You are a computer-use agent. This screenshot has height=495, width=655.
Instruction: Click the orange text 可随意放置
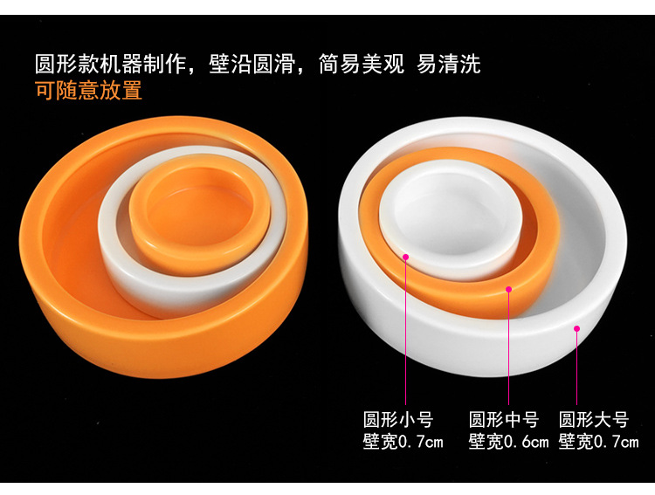click(x=88, y=91)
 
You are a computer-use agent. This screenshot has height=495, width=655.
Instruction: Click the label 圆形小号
click(x=398, y=419)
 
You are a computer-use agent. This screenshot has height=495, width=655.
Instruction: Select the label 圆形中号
click(x=504, y=419)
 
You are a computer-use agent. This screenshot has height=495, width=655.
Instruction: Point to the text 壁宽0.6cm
click(x=508, y=442)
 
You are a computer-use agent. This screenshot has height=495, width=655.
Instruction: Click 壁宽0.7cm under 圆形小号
click(x=403, y=442)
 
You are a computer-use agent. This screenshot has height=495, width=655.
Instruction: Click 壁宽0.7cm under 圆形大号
click(x=598, y=442)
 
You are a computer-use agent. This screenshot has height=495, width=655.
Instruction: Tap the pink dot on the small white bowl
click(x=406, y=257)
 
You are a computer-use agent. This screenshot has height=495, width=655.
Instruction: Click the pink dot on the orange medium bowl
click(x=508, y=289)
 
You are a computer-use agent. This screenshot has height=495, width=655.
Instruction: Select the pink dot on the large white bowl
click(x=576, y=329)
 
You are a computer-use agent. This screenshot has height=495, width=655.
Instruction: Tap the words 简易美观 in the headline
click(x=356, y=64)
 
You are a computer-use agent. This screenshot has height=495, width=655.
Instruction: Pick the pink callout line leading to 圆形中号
click(x=508, y=349)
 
